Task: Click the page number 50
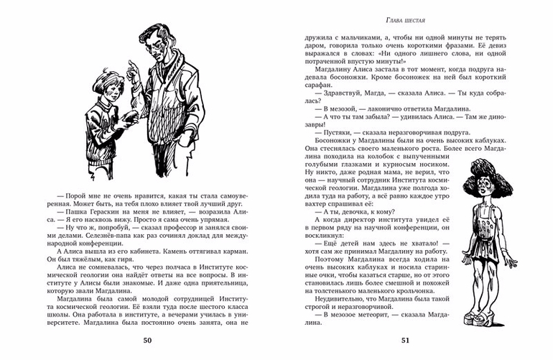click(x=148, y=340)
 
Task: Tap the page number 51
click(x=405, y=340)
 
